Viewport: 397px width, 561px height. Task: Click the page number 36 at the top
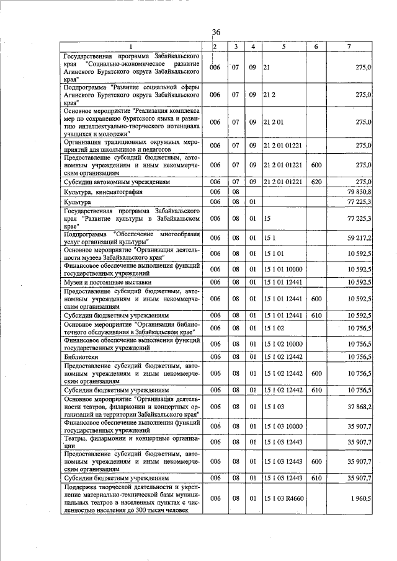216,32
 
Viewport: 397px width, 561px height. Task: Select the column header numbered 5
283,46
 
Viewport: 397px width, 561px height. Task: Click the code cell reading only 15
268,218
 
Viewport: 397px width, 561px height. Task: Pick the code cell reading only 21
267,67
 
